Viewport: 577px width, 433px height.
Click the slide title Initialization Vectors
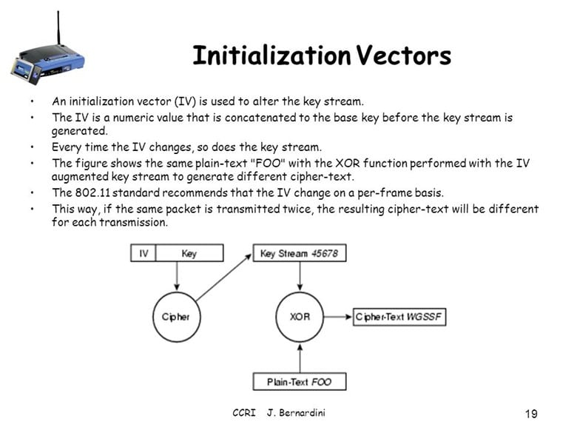click(321, 56)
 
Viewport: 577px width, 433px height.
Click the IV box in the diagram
click(143, 253)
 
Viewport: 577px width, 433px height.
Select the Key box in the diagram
click(189, 253)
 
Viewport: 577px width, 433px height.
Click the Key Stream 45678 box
click(300, 253)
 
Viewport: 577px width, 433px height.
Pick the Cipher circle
click(176, 317)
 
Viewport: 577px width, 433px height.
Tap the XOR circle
click(299, 317)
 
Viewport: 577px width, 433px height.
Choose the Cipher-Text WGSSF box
click(399, 317)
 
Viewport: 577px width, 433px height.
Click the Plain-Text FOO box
click(299, 382)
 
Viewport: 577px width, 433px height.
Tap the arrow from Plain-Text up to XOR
click(299, 358)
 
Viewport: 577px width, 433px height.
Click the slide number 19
click(530, 413)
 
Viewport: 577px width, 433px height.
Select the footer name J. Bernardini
click(296, 412)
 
